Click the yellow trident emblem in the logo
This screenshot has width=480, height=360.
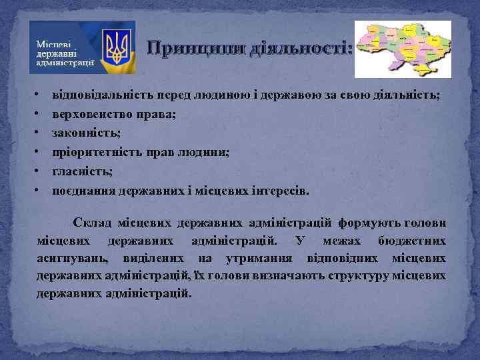(120, 47)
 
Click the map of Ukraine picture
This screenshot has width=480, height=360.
(402, 49)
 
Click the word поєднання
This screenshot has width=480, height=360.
(84, 191)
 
